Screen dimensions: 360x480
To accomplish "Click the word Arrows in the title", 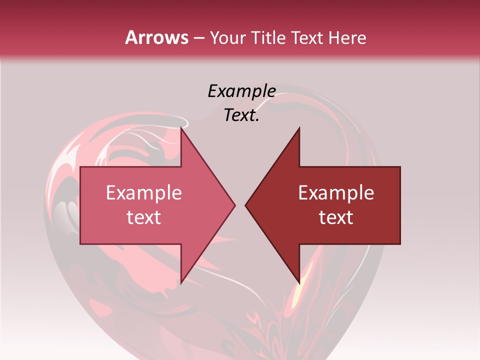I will (156, 37).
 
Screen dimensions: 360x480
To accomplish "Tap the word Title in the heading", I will (267, 37).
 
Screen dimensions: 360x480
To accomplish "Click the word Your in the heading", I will (227, 37).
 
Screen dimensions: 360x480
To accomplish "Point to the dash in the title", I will (199, 38).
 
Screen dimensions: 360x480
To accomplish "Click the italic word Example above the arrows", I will (241, 91).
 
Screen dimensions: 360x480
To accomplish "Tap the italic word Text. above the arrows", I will (241, 115).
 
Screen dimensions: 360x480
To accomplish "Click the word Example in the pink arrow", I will (143, 193).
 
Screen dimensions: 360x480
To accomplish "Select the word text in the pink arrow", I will (143, 217).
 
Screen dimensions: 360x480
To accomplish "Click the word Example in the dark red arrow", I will (336, 193).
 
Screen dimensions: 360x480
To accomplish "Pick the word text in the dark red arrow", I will (336, 217).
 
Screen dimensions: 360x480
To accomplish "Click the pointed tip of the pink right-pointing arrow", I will (235, 205).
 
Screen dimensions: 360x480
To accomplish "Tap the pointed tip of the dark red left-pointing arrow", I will (245, 205).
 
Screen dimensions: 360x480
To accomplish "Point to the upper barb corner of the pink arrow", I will (181, 128).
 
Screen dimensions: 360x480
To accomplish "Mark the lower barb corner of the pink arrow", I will (181, 283).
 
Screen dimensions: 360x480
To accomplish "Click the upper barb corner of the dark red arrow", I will (299, 128).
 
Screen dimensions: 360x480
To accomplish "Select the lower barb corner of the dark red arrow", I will (299, 283).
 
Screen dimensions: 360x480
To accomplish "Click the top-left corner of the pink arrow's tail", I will (80, 167).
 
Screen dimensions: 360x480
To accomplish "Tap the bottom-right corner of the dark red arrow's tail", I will (400, 244).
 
